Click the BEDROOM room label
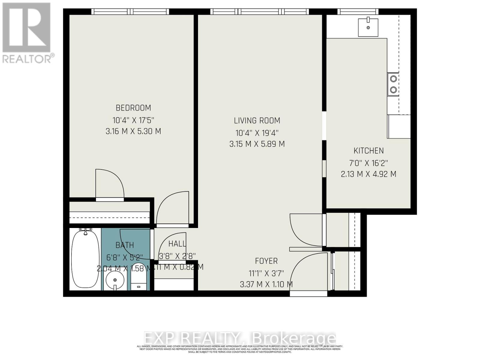point(133,108)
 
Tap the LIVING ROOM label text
point(257,121)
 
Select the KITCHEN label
point(368,151)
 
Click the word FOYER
point(266,261)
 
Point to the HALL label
point(177,244)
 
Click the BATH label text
point(124,245)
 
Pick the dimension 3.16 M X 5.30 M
point(133,131)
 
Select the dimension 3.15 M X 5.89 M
point(257,144)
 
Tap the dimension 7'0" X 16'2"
point(368,163)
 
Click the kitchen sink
point(368,27)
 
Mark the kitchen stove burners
point(393,84)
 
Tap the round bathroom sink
point(115,280)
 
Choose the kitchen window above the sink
point(358,12)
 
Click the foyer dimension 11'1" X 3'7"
point(266,273)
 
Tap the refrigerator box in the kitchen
point(399,126)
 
